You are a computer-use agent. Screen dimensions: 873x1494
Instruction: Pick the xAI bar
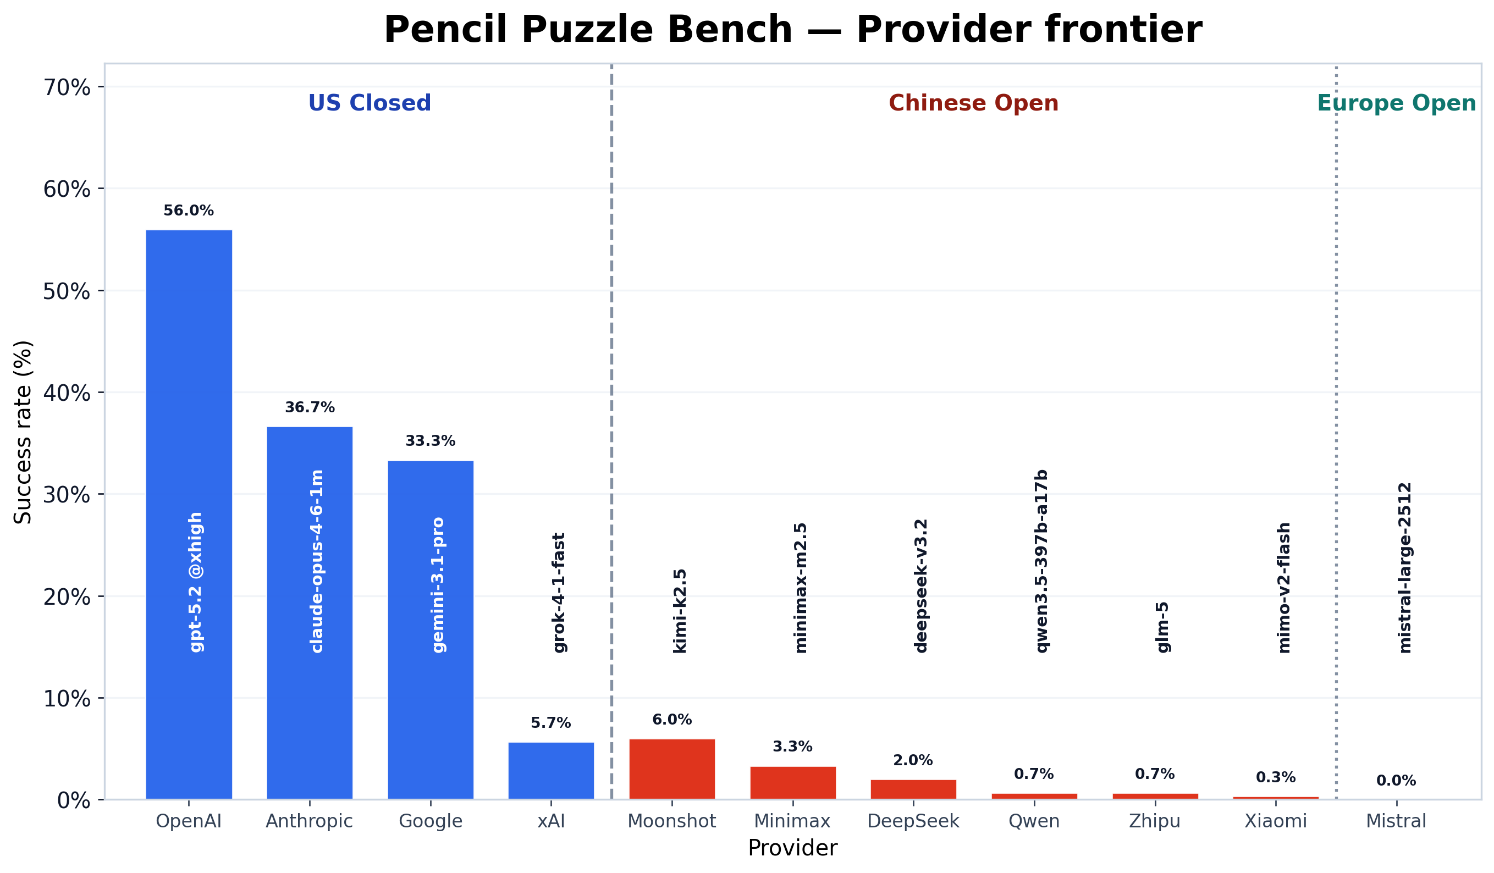point(551,770)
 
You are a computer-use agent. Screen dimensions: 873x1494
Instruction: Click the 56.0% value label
point(189,211)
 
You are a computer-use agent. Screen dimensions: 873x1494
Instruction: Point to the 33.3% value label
point(431,441)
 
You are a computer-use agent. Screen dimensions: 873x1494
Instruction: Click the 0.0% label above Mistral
point(1396,781)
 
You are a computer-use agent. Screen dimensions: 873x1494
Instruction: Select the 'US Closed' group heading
point(370,103)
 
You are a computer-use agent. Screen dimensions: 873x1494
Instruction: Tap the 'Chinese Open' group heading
point(973,103)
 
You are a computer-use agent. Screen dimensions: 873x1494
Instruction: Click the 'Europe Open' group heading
point(1396,103)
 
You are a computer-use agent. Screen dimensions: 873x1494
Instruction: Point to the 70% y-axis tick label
point(67,88)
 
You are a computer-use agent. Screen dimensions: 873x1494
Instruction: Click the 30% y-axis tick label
point(67,494)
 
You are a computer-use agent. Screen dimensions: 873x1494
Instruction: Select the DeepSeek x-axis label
point(913,821)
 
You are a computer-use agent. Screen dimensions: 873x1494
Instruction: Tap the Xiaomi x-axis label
point(1275,821)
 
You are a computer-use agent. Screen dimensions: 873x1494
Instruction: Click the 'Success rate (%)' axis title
point(23,433)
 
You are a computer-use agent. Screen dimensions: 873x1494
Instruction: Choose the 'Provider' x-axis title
point(793,848)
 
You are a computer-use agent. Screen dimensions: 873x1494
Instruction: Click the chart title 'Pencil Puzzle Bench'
point(793,30)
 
